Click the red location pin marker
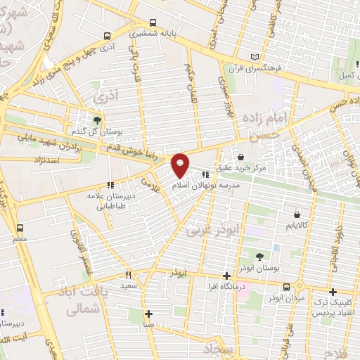tap(181, 165)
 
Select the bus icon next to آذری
tap(107, 36)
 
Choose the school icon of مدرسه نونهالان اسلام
tap(205, 174)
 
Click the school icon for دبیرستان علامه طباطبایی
tap(109, 185)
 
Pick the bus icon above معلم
tap(20, 228)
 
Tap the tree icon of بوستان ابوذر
tap(259, 257)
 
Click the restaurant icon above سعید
tap(128, 275)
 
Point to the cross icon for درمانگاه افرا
tap(226, 276)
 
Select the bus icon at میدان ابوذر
tap(286, 287)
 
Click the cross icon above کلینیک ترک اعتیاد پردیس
tap(332, 290)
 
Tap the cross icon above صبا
tap(148, 314)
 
